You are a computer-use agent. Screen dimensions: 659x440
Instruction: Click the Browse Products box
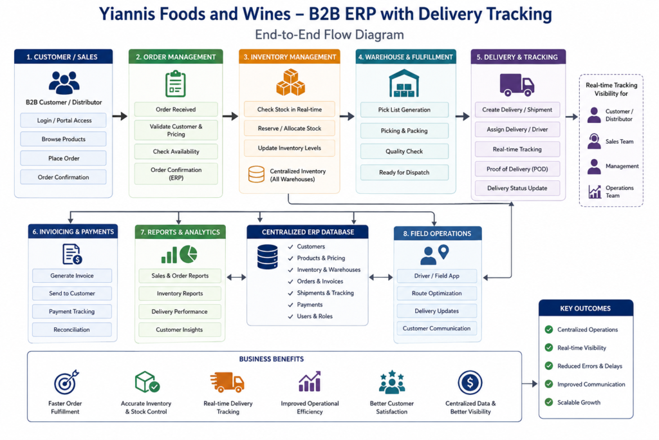(63, 139)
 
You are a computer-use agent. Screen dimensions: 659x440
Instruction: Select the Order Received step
(176, 110)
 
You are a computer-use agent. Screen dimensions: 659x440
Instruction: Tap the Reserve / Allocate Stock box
(289, 128)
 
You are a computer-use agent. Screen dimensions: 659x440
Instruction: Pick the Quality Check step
(404, 151)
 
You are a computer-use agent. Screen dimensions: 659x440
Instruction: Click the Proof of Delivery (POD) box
(517, 169)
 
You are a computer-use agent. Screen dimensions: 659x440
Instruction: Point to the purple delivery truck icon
(517, 84)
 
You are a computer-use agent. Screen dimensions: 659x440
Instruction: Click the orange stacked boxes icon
(290, 83)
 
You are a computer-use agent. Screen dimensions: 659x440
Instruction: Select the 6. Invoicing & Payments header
(73, 232)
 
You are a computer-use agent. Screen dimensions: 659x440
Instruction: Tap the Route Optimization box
(437, 293)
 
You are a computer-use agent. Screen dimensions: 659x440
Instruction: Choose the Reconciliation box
(72, 329)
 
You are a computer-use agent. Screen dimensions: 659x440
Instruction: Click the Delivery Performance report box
(180, 311)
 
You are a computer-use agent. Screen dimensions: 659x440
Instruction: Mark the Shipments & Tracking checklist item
(320, 292)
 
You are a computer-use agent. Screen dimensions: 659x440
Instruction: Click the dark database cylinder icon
(267, 256)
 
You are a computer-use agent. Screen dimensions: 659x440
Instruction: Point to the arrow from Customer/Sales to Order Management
(120, 116)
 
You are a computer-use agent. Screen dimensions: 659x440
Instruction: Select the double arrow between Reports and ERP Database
(236, 277)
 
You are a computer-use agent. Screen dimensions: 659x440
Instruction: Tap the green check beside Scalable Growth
(548, 402)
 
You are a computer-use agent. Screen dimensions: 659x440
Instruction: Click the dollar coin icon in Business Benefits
(470, 383)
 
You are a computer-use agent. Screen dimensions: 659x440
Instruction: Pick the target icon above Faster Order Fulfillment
(66, 382)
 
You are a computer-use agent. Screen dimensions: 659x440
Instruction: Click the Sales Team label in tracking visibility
(619, 141)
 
